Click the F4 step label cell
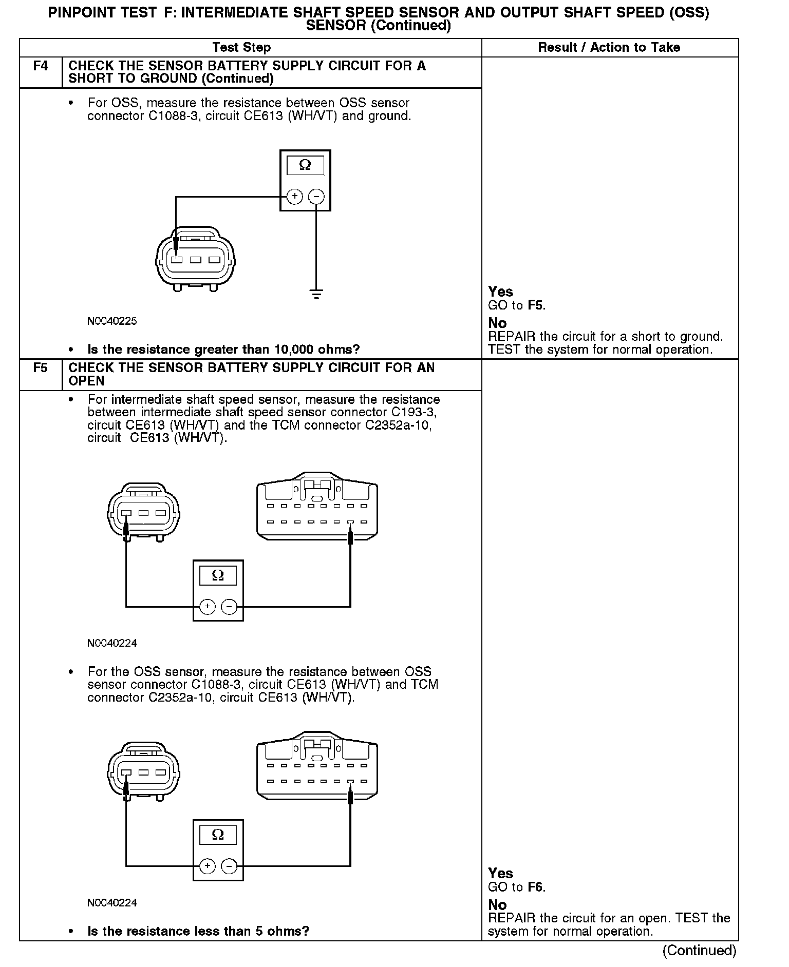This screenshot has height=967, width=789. (x=41, y=66)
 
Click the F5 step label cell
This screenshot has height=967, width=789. (x=41, y=368)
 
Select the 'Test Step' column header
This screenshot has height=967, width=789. (x=241, y=48)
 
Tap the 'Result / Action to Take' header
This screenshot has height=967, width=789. (x=609, y=48)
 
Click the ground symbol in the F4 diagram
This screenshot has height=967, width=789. (x=316, y=294)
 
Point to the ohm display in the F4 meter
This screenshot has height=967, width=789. (x=305, y=165)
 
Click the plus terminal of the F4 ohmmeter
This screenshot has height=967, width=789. (x=294, y=197)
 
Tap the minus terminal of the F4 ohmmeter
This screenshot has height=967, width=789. (x=316, y=197)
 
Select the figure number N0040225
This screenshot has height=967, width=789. (x=112, y=321)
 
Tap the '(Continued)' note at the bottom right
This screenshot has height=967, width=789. (x=700, y=951)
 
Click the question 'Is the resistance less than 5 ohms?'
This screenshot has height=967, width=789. (x=198, y=931)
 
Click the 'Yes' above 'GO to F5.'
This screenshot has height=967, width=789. (x=500, y=292)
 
